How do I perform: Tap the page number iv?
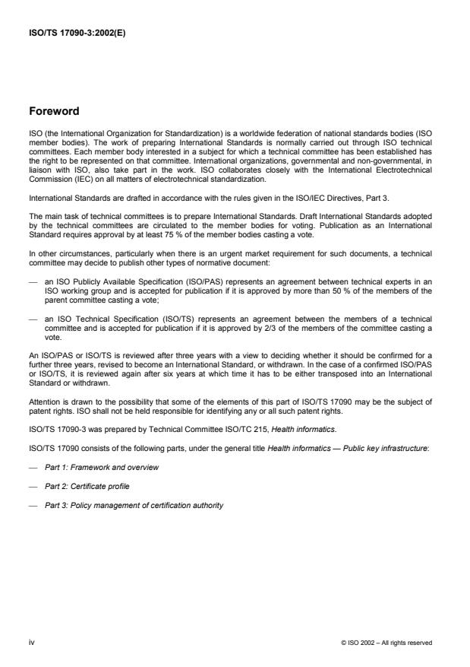click(x=32, y=642)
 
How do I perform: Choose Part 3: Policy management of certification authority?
click(x=134, y=504)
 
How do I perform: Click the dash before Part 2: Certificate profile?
click(x=33, y=485)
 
